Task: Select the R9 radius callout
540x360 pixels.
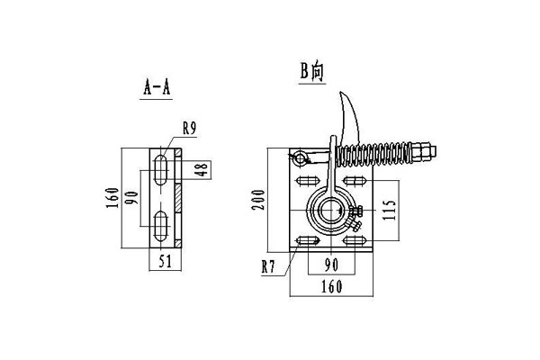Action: tap(189, 129)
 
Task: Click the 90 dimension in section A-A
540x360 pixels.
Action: tap(131, 199)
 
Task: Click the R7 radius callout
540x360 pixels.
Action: tap(267, 266)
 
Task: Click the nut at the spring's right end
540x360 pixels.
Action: tap(424, 149)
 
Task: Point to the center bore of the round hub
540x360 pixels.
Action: tap(327, 212)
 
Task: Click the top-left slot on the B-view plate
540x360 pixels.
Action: tap(303, 184)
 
